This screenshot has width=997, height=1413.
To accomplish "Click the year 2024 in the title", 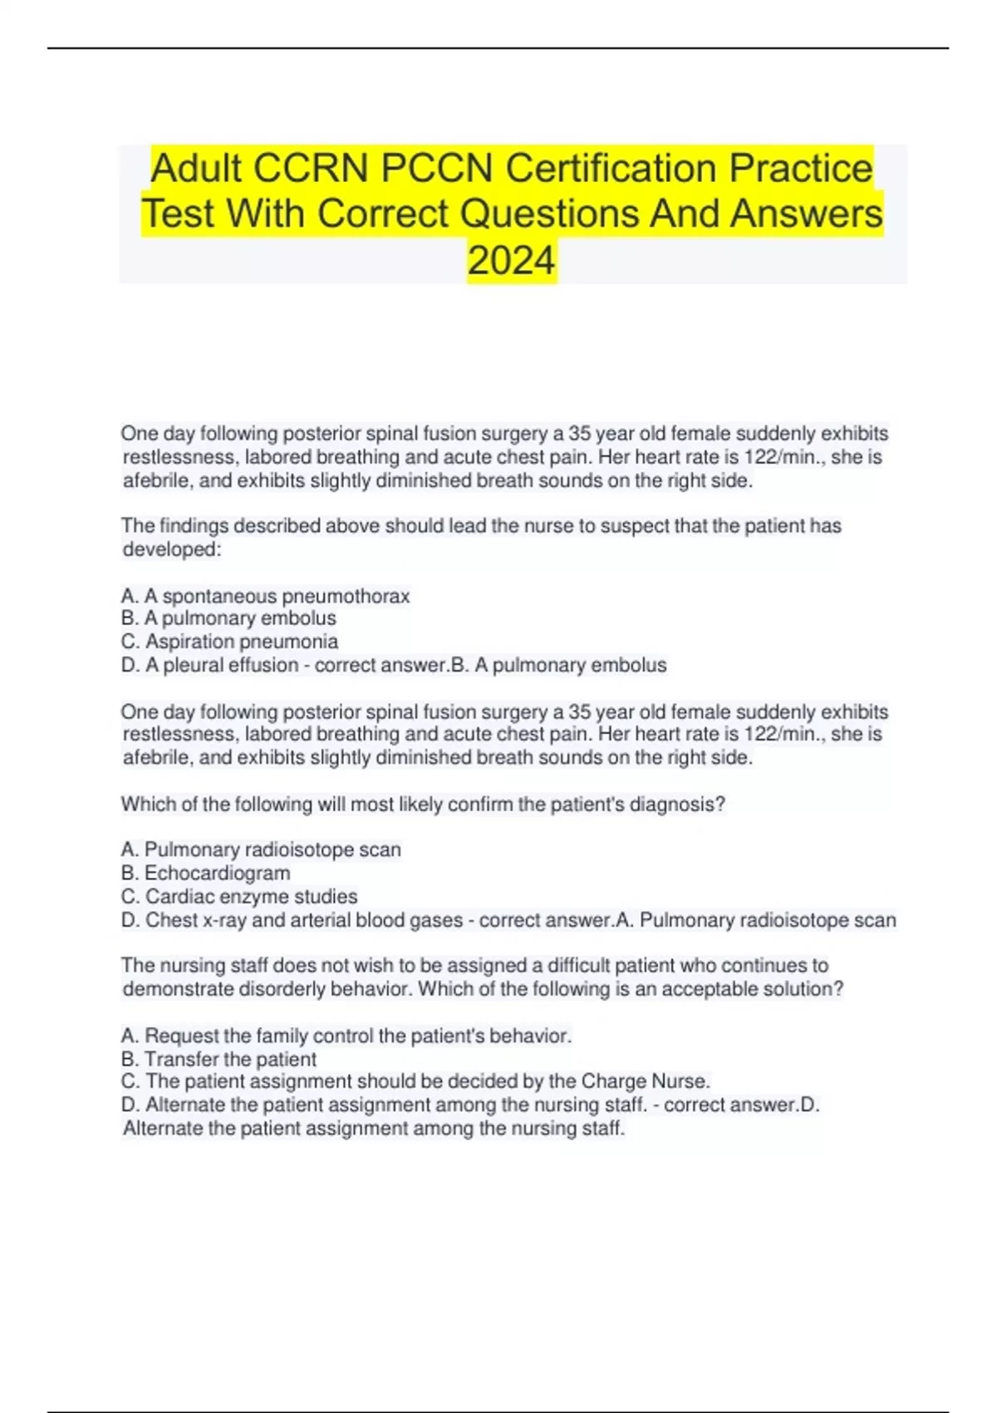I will (x=511, y=260).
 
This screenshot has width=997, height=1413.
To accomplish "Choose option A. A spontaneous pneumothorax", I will (x=265, y=596).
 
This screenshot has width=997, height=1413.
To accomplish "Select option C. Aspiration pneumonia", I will (x=229, y=642).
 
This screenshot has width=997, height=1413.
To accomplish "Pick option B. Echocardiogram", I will (x=205, y=873).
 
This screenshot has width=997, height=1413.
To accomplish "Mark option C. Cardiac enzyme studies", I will (x=239, y=897).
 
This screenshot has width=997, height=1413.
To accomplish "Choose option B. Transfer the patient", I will (x=219, y=1059).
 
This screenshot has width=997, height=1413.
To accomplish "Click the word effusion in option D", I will (x=258, y=665).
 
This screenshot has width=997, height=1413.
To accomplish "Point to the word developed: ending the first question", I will (x=172, y=549).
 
